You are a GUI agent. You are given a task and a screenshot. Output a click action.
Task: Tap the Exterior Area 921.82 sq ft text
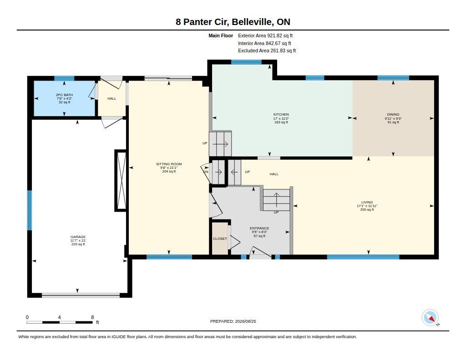[x=265, y=35]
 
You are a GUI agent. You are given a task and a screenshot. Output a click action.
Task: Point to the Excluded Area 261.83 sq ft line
[x=267, y=51]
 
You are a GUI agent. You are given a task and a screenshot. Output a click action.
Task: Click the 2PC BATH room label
[x=64, y=95]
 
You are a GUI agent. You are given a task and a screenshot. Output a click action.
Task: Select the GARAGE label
[x=78, y=237]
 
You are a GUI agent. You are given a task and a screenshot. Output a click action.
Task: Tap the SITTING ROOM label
[x=169, y=164]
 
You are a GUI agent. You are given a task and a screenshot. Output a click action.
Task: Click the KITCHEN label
[x=281, y=114]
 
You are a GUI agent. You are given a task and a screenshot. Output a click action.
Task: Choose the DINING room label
[x=393, y=114]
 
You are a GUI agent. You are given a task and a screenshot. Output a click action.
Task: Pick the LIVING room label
[x=367, y=202]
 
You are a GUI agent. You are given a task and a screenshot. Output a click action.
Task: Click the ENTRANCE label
[x=259, y=228]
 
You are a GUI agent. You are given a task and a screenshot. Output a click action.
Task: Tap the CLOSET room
[x=220, y=238]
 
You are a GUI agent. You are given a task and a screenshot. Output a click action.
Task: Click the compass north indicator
[x=430, y=318]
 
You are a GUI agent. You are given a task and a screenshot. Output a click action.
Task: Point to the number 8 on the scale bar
[x=92, y=317]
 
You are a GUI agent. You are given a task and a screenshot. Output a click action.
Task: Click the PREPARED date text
[x=233, y=321]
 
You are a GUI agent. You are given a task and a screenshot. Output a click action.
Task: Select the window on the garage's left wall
[x=30, y=210]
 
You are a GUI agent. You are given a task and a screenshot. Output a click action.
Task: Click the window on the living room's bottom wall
[x=363, y=257]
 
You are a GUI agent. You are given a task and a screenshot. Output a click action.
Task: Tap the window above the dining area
[x=393, y=78]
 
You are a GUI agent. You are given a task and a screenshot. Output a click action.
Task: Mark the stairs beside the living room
[x=276, y=200]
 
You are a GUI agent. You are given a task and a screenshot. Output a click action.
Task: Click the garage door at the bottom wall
[x=81, y=295]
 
